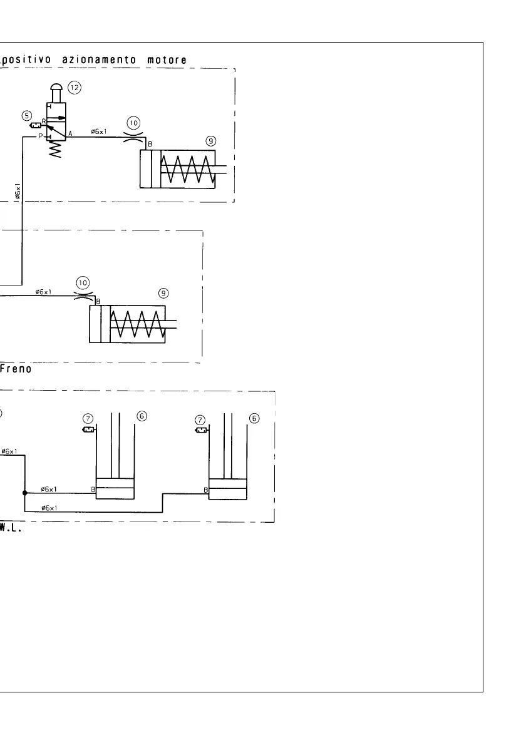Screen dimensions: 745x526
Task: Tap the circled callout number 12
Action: [x=75, y=88]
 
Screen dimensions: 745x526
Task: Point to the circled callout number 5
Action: [x=26, y=115]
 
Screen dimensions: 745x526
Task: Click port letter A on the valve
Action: [x=71, y=133]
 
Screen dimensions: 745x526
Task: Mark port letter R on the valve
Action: [x=43, y=121]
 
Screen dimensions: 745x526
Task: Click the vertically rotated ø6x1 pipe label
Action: [x=18, y=190]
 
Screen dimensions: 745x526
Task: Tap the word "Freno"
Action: [x=17, y=369]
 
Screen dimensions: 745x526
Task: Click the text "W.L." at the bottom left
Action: [x=10, y=529]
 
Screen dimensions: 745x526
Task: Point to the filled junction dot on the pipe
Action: [x=24, y=492]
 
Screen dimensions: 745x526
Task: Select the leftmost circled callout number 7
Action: [x=88, y=418]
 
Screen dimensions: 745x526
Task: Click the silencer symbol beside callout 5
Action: [x=36, y=125]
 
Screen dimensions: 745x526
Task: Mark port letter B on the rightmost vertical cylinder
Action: [x=205, y=490]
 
